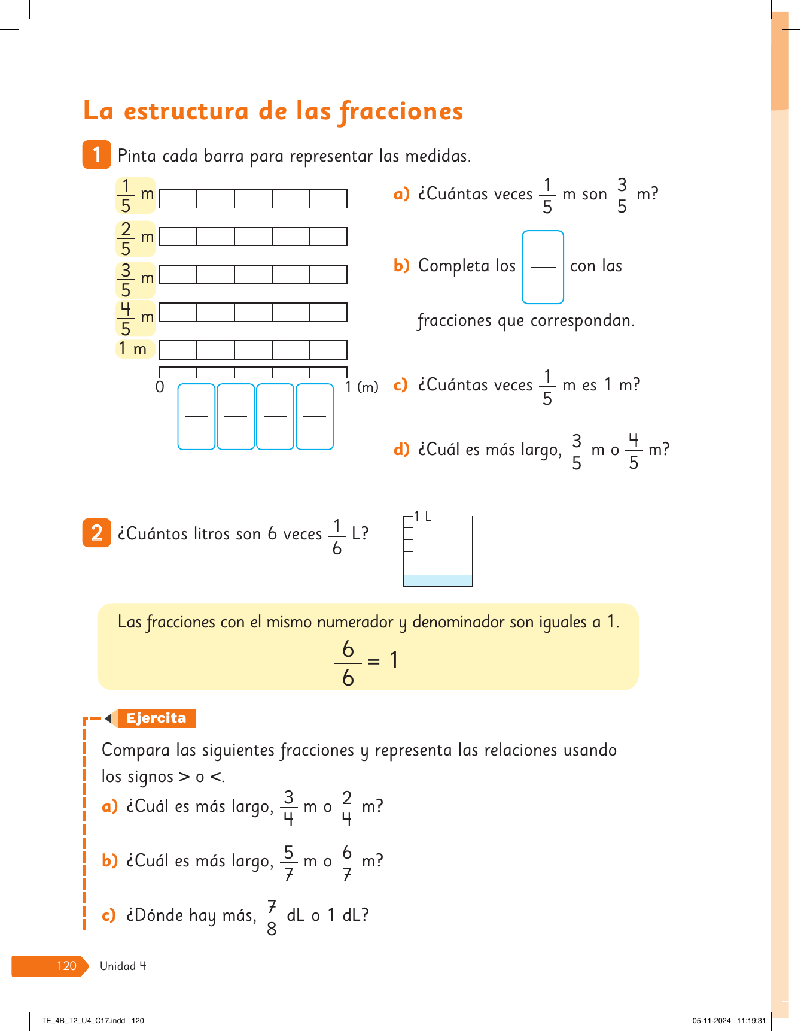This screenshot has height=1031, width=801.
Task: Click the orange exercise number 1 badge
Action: pyautogui.click(x=96, y=154)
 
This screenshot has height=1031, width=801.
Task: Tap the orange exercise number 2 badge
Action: pyautogui.click(x=96, y=533)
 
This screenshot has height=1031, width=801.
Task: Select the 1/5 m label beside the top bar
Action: pyautogui.click(x=135, y=196)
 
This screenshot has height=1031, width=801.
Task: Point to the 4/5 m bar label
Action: pyautogui.click(x=135, y=319)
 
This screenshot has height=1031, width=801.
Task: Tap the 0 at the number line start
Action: pyautogui.click(x=160, y=387)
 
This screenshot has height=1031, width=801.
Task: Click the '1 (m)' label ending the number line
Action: pyautogui.click(x=361, y=387)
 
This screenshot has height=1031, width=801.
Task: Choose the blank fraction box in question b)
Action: pyautogui.click(x=543, y=267)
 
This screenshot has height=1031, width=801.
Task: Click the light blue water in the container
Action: pyautogui.click(x=438, y=580)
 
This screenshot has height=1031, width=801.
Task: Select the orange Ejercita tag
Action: pyautogui.click(x=156, y=718)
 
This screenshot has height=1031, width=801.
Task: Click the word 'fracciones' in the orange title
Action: pyautogui.click(x=401, y=112)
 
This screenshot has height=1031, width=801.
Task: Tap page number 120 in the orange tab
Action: pyautogui.click(x=66, y=966)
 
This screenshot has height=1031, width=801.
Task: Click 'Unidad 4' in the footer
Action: pyautogui.click(x=123, y=966)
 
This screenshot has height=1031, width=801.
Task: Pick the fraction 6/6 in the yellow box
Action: pyautogui.click(x=348, y=663)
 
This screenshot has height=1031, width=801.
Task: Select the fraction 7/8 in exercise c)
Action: pyautogui.click(x=272, y=917)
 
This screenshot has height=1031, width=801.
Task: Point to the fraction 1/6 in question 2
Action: pyautogui.click(x=337, y=537)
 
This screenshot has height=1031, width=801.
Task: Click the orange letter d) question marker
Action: pyautogui.click(x=401, y=449)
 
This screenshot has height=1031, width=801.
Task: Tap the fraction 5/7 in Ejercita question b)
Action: pyautogui.click(x=289, y=863)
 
